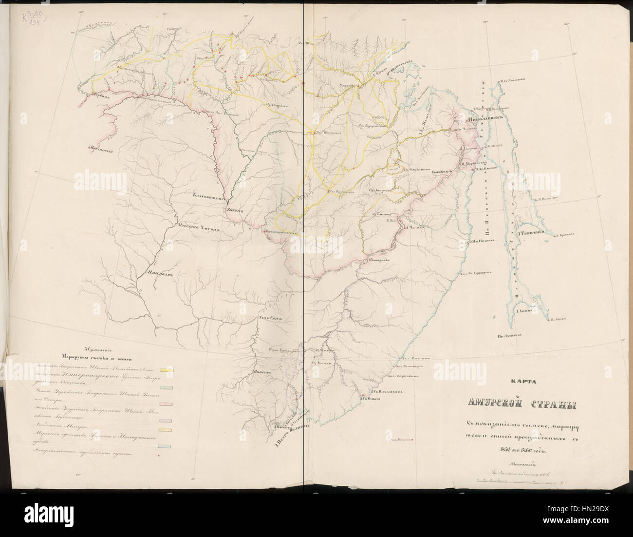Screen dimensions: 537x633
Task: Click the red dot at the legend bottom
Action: click(158, 455)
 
